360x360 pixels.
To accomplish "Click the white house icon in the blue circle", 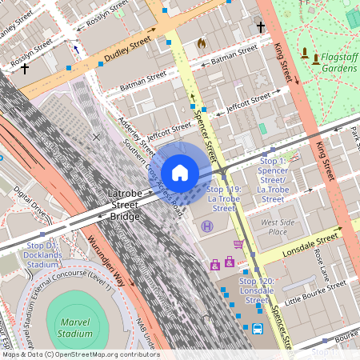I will tap(180, 173).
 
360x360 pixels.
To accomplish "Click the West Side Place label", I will tap(273, 226).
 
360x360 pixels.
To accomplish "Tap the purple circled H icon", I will tap(207, 227).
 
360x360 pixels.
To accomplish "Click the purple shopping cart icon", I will tap(238, 244).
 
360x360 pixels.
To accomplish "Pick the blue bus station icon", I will tap(258, 329).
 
